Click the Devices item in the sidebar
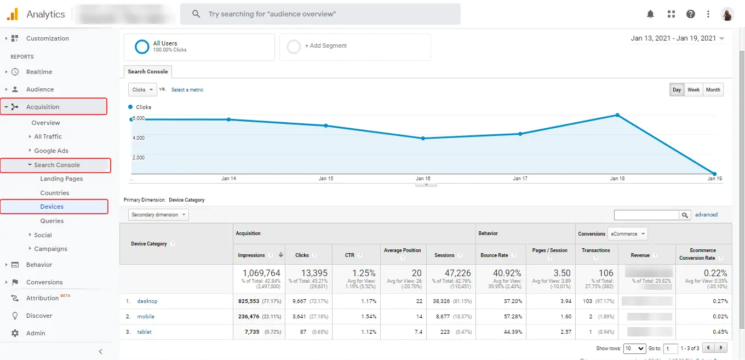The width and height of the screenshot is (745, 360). [x=52, y=207]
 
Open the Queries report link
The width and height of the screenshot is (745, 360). [x=52, y=221]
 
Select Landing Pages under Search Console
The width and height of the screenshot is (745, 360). [x=61, y=179]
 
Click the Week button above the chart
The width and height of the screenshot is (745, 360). [x=694, y=90]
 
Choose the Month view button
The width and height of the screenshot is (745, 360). [x=713, y=90]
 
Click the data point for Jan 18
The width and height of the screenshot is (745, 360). [x=617, y=115]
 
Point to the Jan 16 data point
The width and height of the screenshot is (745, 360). [x=423, y=138]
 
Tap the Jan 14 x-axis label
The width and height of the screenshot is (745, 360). [x=228, y=179]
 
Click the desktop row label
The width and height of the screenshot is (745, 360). [x=147, y=301]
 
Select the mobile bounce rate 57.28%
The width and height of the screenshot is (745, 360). [x=509, y=317]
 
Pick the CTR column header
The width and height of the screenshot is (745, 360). [x=349, y=255]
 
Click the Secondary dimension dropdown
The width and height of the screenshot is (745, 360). [x=158, y=215]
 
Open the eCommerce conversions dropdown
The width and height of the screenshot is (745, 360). [x=628, y=234]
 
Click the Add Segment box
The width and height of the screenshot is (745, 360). [x=355, y=47]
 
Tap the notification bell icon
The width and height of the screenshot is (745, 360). [x=651, y=14]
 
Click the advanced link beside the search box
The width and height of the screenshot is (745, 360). [x=706, y=215]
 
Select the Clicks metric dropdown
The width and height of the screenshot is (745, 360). [x=142, y=90]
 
